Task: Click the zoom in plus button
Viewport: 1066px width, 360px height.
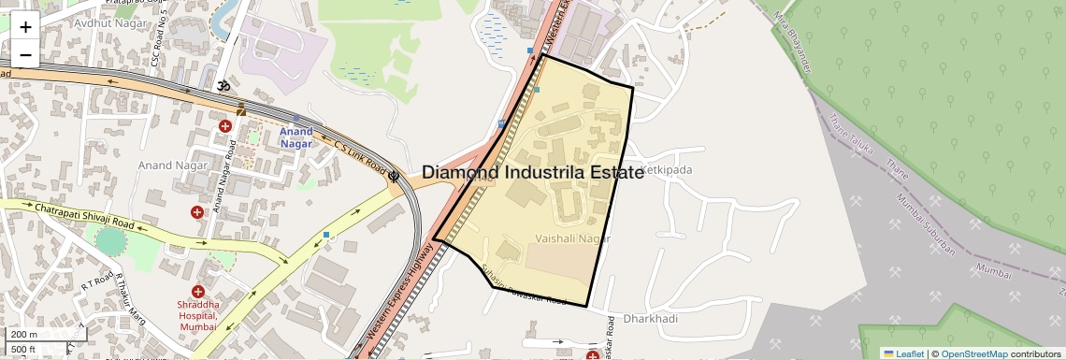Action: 25,27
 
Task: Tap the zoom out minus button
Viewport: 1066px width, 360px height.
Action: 25,55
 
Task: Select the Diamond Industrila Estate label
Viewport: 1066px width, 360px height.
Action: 532,172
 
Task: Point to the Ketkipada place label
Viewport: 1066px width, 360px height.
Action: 666,170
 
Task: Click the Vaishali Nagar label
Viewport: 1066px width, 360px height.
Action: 573,238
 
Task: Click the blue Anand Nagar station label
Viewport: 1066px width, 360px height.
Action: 296,137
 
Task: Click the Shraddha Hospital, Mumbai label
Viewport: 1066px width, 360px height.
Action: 196,310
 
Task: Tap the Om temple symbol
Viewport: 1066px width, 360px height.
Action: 223,85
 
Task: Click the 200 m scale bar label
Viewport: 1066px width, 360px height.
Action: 25,334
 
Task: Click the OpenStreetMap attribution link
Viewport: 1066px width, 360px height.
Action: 973,353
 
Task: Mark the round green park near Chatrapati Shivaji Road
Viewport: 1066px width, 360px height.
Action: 110,241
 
